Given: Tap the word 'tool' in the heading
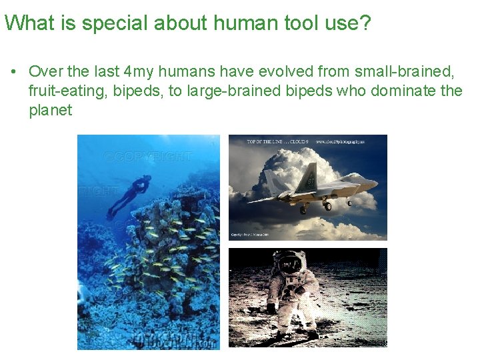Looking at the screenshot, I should tap(290, 23).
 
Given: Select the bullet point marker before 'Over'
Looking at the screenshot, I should tap(13, 71).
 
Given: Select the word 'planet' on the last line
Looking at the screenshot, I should tap(50, 110).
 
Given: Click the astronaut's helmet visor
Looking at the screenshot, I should tap(290, 265).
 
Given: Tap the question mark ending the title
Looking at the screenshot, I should tap(364, 23).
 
